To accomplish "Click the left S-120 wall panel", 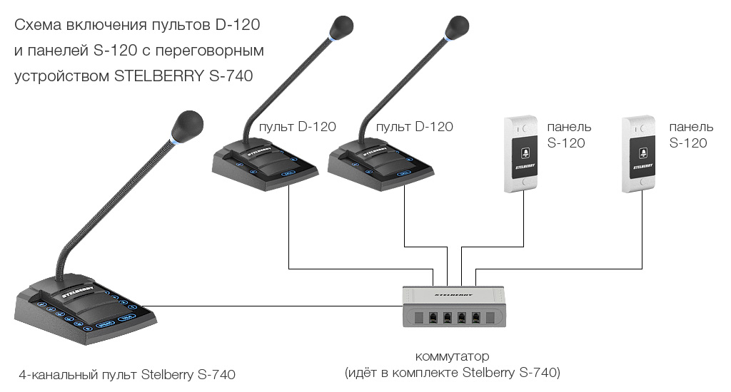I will (521, 153).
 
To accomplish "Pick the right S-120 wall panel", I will (640, 153).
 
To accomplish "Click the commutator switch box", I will (455, 306).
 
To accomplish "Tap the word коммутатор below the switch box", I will (453, 356).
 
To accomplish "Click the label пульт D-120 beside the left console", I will (297, 127).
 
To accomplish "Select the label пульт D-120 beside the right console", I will (414, 127).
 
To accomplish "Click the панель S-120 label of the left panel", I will (568, 135).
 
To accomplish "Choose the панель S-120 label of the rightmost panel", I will (690, 135).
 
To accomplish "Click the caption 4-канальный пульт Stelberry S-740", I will (127, 373).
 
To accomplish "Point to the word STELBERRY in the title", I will (158, 75).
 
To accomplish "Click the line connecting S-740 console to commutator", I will (278, 306).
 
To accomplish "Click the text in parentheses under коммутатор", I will (453, 373).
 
